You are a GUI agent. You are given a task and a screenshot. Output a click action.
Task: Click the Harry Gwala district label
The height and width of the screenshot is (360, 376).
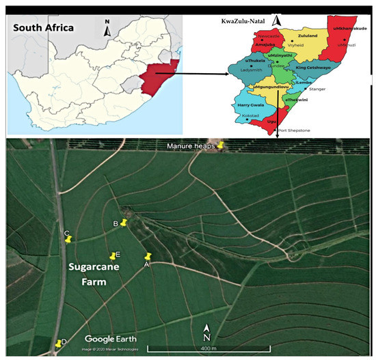click(250, 106)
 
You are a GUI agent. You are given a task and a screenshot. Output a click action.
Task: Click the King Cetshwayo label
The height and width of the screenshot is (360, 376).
click(314, 68)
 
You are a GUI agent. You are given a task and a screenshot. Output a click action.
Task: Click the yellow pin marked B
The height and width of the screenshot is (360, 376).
click(124, 223)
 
